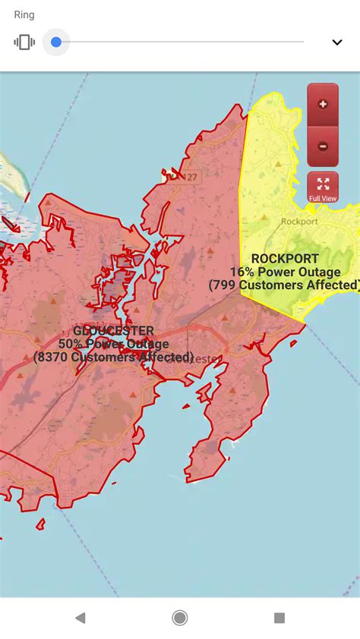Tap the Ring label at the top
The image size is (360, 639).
point(24,15)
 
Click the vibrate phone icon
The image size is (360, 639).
point(24,42)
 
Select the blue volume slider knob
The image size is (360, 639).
point(55,42)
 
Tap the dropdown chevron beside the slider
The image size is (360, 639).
point(337,42)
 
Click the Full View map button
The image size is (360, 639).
point(323,187)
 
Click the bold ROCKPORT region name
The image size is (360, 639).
point(285,259)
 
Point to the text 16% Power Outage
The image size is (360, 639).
point(285,272)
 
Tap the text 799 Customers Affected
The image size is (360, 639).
point(285,285)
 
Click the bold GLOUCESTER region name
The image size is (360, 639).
point(113,331)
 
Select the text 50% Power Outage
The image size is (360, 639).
point(113,344)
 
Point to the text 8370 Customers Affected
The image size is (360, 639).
point(113,357)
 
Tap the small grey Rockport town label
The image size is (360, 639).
point(299,222)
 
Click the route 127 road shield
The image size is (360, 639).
point(191,177)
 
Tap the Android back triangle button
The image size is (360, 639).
point(80,618)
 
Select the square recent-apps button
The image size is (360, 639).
point(279,618)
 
